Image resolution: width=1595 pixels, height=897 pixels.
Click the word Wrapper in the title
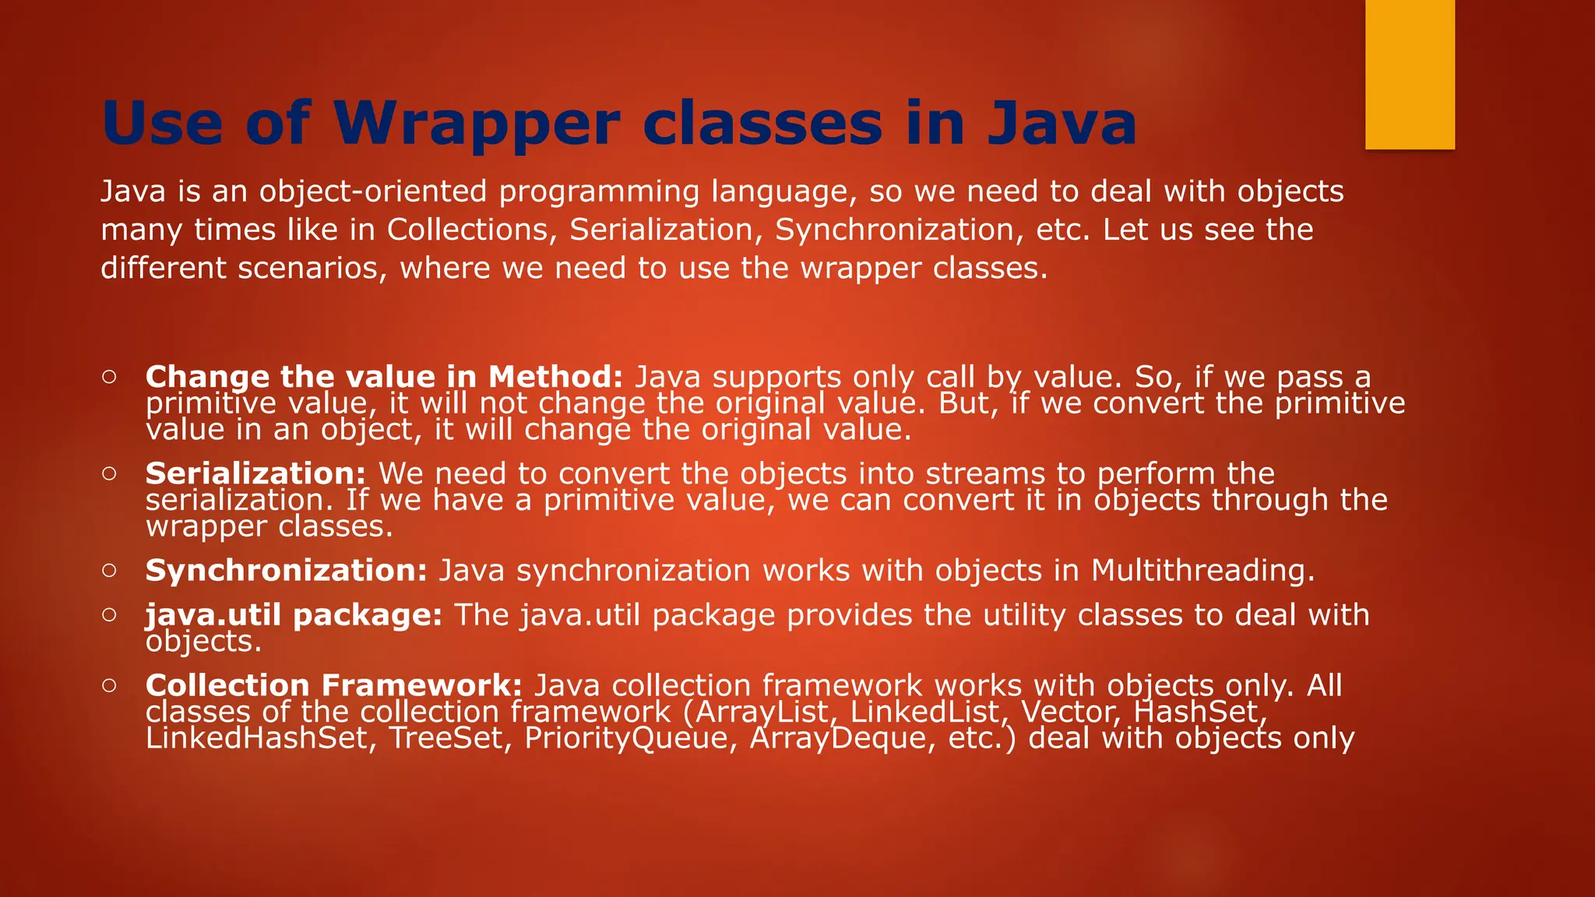pyautogui.click(x=477, y=125)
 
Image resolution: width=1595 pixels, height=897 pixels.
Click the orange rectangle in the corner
pyautogui.click(x=1410, y=74)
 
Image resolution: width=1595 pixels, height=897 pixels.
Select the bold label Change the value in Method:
pyautogui.click(x=384, y=377)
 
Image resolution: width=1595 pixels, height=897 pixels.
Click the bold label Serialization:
pyautogui.click(x=255, y=473)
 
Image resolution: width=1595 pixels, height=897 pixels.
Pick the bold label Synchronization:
pyautogui.click(x=286, y=571)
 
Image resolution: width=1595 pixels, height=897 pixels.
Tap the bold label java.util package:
pyautogui.click(x=294, y=615)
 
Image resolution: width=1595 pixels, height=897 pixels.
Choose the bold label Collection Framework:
pyautogui.click(x=333, y=685)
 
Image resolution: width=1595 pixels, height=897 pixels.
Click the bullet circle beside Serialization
pyautogui.click(x=109, y=473)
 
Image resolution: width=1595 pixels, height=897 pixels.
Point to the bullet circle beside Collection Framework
pyautogui.click(x=109, y=685)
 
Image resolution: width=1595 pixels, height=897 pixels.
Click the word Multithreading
pyautogui.click(x=1202, y=571)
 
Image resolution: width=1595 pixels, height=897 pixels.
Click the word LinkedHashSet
pyautogui.click(x=256, y=738)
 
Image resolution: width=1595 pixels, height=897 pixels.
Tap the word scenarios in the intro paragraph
pyautogui.click(x=312, y=269)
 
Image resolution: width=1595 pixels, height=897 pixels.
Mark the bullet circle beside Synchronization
pyautogui.click(x=109, y=570)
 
